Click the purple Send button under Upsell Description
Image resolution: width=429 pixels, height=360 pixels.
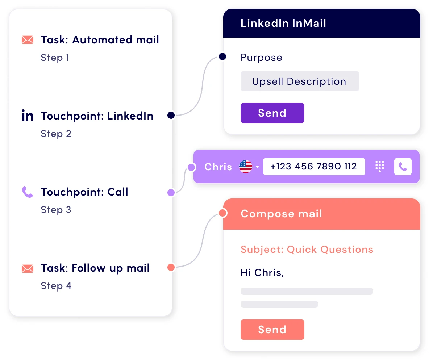(x=272, y=113)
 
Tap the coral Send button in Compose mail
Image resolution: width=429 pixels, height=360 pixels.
(x=272, y=329)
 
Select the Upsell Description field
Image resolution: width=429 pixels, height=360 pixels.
(x=300, y=81)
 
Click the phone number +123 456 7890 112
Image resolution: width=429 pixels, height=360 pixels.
(x=314, y=166)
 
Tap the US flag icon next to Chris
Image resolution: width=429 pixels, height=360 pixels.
(x=245, y=166)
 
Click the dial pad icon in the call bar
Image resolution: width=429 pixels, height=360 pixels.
(x=379, y=166)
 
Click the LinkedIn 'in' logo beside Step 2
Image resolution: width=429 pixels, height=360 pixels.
(x=28, y=116)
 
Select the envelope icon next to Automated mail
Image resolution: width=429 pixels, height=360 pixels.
(x=28, y=40)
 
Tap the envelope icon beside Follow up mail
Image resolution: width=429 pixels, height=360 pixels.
(x=28, y=269)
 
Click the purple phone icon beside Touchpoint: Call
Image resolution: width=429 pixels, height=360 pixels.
(x=28, y=192)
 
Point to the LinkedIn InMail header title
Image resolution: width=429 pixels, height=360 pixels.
(x=283, y=23)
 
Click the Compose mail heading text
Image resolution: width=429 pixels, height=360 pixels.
(x=281, y=214)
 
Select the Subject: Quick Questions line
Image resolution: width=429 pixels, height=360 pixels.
(x=307, y=250)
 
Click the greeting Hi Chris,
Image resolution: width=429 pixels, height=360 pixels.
(x=262, y=272)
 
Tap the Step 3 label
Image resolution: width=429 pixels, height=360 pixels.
(x=56, y=210)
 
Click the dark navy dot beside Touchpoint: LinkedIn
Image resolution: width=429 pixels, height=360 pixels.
(x=171, y=115)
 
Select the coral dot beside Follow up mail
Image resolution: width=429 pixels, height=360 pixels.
(x=171, y=267)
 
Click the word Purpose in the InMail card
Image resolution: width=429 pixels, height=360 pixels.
(x=261, y=58)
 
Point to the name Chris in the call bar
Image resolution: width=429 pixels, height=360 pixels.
(x=218, y=167)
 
